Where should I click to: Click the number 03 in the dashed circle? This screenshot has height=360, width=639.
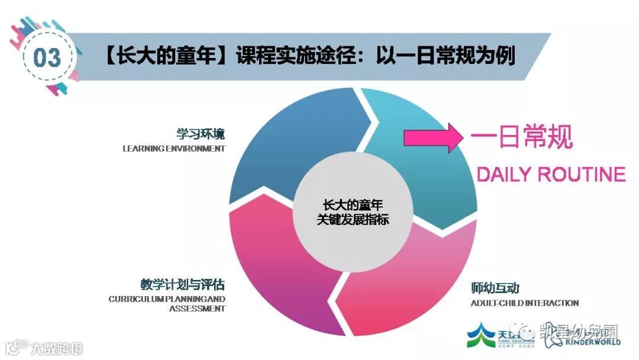pos(47,57)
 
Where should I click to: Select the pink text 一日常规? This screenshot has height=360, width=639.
pos(521,138)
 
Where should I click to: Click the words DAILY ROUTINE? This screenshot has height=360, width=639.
pos(551,174)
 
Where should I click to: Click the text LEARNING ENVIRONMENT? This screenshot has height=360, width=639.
pos(174,149)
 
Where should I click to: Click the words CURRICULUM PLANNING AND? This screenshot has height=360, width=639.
pos(167,299)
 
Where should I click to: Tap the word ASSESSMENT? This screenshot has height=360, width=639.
pos(197,308)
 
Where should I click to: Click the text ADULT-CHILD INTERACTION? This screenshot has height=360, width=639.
pos(524,303)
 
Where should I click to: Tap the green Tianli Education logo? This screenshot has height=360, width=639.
pos(482,336)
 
